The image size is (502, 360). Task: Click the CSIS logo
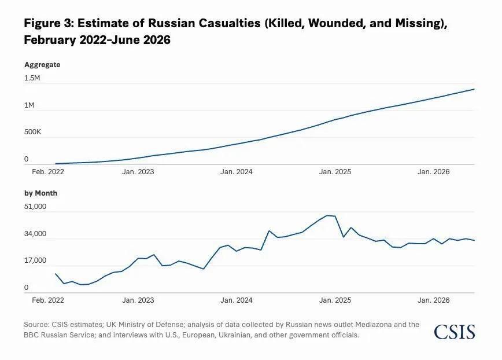pos(455,332)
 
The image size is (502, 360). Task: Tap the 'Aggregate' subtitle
pos(42,65)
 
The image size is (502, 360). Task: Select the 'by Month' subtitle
pos(40,193)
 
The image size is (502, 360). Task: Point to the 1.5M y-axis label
pos(32,78)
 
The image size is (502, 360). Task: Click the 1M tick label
pos(29,105)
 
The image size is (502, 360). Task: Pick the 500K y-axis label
pos(32,132)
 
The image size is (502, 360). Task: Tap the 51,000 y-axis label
pos(35,207)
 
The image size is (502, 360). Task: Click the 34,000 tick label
pos(35,234)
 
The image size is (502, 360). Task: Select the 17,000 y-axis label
pos(35,260)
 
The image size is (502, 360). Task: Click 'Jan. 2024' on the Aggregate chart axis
pos(237,172)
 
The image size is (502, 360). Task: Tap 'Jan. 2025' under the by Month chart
pos(335,300)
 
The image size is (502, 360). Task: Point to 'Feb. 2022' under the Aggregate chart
pos(48,172)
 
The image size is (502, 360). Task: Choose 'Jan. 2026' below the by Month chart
pos(434,300)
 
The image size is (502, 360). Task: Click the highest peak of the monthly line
pos(327,215)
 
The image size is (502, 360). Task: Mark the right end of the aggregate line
pos(474,89)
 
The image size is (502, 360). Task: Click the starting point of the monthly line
pos(56,274)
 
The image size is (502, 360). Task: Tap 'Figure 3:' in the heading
pos(49,23)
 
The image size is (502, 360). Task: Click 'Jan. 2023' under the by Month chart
pos(138,300)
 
